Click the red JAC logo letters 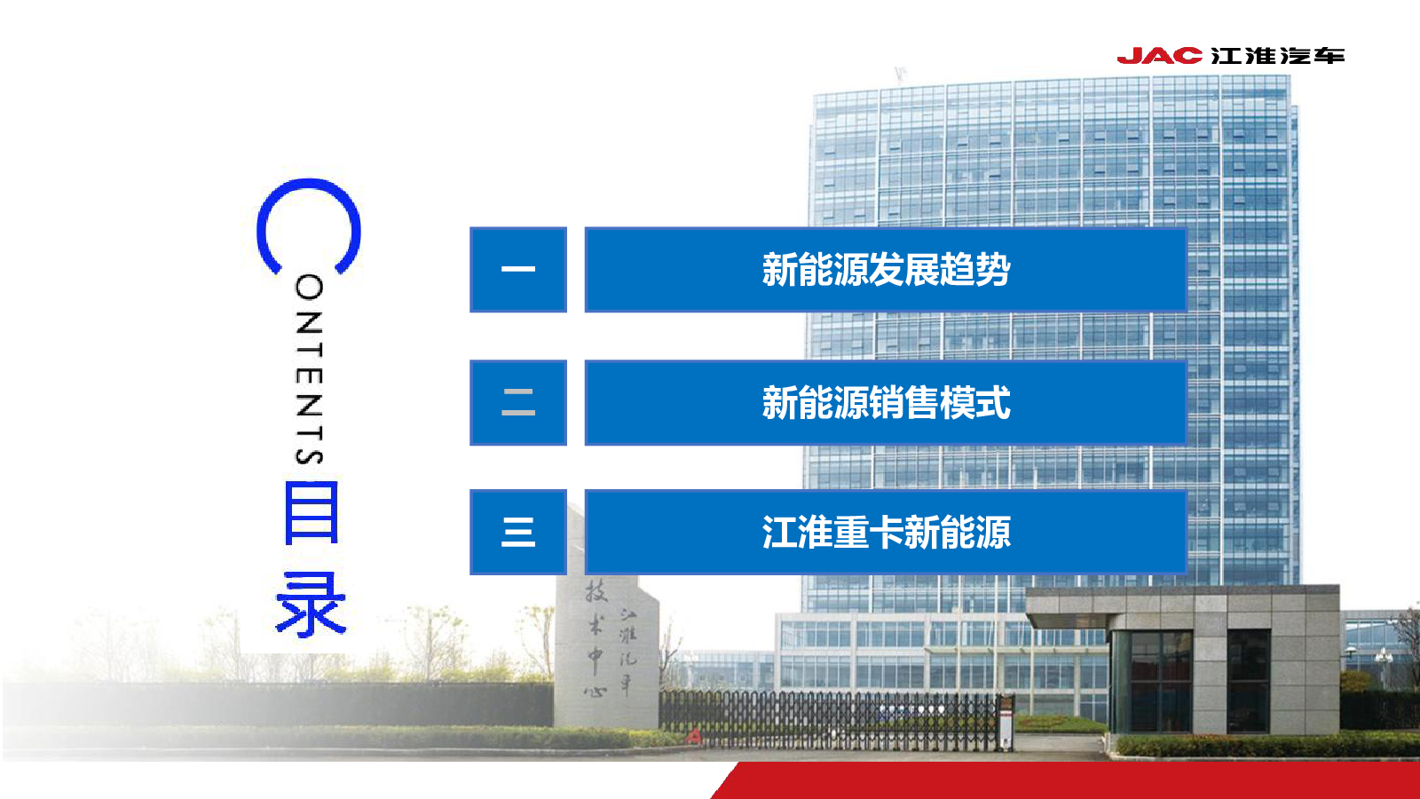tap(1159, 56)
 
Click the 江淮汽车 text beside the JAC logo tap(1277, 56)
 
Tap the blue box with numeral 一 tap(518, 270)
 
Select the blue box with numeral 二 tap(518, 403)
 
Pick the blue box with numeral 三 tap(518, 532)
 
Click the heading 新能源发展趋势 tap(886, 270)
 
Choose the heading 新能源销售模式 tap(886, 403)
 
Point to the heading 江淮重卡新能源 tap(886, 532)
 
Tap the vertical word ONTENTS tap(310, 369)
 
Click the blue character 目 tap(311, 512)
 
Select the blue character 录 tap(311, 604)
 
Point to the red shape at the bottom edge tap(1065, 780)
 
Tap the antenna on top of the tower tap(900, 75)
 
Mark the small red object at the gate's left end tap(694, 736)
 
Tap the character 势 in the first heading tap(993, 270)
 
